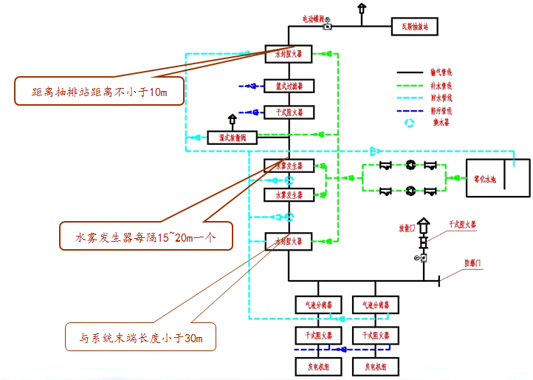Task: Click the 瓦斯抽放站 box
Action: pos(419,27)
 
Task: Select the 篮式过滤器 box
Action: pos(289,86)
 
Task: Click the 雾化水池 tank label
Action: pos(484,178)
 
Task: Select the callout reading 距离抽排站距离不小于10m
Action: pos(100,92)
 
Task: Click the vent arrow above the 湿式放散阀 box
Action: pos(232,119)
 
